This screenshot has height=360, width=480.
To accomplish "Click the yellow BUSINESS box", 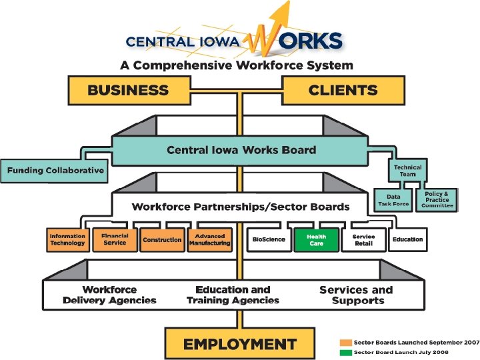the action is [128, 90].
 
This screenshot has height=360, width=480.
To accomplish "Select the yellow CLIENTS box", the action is [343, 90].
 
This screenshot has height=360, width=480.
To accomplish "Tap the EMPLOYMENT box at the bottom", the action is [239, 344].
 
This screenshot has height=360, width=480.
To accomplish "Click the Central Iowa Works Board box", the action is [241, 150].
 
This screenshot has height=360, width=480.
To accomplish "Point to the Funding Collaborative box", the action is [55, 171].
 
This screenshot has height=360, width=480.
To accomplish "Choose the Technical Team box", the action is [407, 170].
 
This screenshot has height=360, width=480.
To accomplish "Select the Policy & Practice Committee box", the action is [437, 200].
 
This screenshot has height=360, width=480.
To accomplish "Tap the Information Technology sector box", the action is [67, 240].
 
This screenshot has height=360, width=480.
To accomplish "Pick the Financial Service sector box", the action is [115, 239].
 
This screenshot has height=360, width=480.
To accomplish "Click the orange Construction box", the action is [162, 240].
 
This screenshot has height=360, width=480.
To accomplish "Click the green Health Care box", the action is [316, 240].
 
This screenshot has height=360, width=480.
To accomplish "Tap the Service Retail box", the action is [364, 240].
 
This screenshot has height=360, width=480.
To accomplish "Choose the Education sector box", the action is [407, 240].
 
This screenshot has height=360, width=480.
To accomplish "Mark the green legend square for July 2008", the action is [345, 352].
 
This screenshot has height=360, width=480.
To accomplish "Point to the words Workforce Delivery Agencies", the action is [109, 295].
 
